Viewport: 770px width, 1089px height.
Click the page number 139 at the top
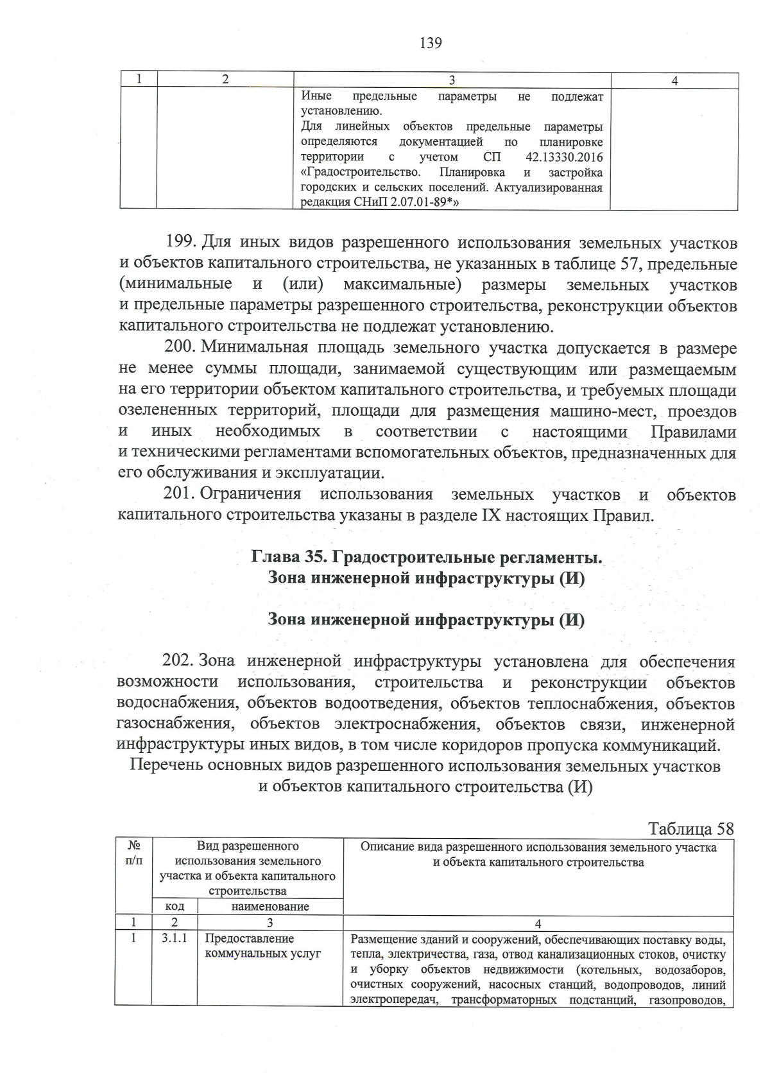pos(430,43)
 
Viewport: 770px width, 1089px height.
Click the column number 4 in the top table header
pos(674,80)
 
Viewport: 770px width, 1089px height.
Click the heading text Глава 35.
pos(290,557)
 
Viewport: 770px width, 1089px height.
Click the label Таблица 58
pos(690,828)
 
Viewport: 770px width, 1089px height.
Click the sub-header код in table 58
pos(175,906)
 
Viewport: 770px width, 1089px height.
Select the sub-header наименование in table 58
pos(270,906)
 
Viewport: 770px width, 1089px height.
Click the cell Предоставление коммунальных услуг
pos(262,946)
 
